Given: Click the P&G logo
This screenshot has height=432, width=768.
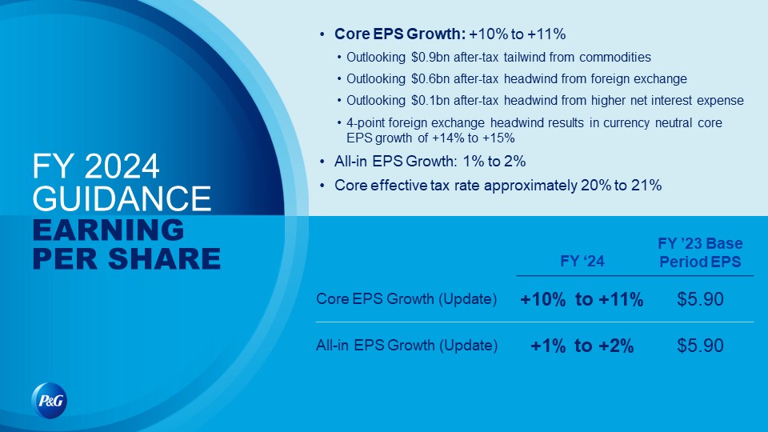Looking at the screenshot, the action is click(50, 401).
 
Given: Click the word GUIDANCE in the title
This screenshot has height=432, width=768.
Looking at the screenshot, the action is click(122, 198).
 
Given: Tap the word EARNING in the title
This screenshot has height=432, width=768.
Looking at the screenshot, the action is click(108, 230).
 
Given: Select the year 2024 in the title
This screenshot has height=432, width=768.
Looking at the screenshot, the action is click(122, 166).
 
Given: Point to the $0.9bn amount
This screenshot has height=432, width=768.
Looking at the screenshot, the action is click(430, 58).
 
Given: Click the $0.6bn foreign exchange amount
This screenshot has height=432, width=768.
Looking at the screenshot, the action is click(430, 79).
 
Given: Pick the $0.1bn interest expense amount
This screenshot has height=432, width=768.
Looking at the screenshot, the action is click(430, 101).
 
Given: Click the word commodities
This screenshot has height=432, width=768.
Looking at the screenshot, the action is click(614, 58).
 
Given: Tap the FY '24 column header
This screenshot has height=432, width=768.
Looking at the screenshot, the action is click(582, 261).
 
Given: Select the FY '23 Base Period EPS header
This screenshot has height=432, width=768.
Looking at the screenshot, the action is click(700, 253).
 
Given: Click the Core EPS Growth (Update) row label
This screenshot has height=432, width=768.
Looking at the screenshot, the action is click(406, 298).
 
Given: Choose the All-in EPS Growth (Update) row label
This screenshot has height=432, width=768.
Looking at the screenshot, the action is click(406, 346).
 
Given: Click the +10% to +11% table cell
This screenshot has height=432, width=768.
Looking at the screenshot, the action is click(582, 299).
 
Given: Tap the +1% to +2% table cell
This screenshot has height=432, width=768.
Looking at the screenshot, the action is click(582, 346).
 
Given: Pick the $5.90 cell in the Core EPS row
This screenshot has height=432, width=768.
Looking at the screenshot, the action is click(700, 299).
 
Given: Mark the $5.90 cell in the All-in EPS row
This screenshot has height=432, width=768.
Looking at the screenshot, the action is click(700, 346).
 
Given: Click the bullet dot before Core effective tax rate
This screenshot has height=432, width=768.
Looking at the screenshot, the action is click(322, 186).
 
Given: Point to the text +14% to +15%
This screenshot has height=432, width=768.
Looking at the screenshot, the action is click(473, 138).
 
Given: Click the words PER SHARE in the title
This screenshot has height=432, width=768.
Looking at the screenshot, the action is click(126, 258).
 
